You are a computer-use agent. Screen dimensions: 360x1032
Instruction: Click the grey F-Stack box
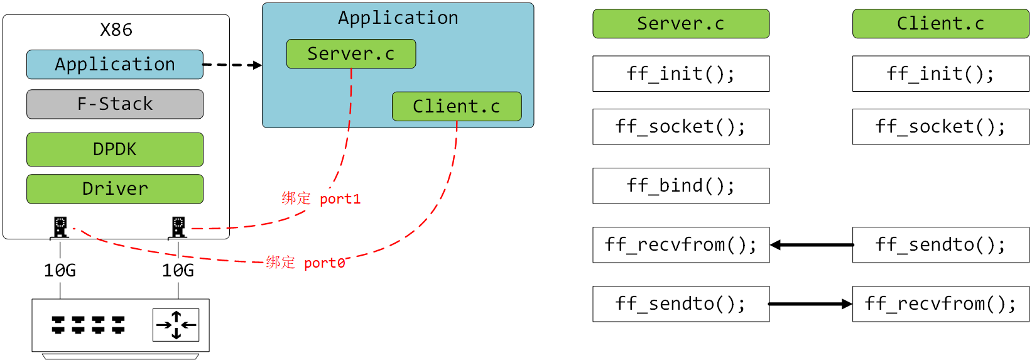point(115,104)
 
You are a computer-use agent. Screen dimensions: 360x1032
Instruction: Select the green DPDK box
point(115,150)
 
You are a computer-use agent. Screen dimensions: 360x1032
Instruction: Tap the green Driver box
point(115,189)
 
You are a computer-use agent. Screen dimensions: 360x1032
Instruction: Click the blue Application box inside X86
point(115,65)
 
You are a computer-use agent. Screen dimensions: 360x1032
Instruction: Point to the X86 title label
point(116,30)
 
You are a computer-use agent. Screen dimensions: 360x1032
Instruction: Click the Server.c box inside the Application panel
point(350,54)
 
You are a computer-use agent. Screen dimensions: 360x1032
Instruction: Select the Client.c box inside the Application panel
point(457,107)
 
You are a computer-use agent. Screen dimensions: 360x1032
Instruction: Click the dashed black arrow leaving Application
point(232,65)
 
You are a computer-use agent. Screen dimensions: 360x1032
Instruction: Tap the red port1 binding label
point(321,199)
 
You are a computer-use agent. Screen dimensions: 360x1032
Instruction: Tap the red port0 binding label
point(305,263)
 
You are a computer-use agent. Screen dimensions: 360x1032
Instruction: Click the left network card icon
point(60,227)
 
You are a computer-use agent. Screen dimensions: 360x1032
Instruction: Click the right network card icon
point(178,227)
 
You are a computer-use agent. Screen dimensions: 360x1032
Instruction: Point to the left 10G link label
point(60,271)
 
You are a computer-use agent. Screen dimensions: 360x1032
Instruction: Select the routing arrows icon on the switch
point(176,325)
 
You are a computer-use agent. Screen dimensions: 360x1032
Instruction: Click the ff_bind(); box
point(681,186)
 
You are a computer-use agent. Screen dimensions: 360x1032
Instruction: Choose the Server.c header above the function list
point(681,24)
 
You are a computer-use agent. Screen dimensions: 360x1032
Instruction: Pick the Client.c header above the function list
point(940,24)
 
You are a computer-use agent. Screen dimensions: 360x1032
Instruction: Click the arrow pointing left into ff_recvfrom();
point(811,245)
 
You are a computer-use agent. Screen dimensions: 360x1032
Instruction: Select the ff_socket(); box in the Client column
point(940,127)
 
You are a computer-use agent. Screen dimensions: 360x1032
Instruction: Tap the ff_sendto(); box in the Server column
point(681,304)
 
